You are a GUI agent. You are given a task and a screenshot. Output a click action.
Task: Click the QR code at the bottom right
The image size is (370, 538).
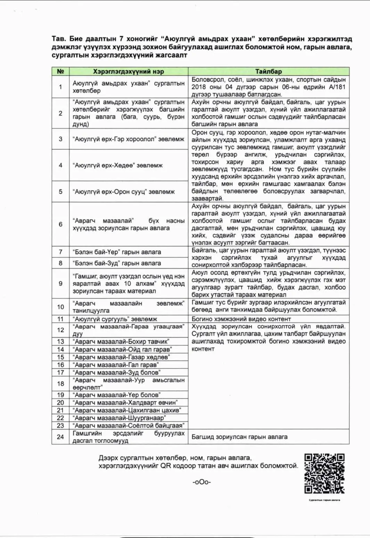324,473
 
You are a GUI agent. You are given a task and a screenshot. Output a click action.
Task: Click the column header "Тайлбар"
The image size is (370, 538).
268,72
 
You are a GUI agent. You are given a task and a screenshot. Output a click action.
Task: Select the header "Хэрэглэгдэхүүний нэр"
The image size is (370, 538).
128,72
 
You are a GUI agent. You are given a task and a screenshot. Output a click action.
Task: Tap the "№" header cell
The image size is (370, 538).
60,72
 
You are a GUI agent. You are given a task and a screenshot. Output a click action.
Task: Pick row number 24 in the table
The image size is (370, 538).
60,437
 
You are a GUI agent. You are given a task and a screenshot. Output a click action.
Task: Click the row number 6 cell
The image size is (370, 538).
60,224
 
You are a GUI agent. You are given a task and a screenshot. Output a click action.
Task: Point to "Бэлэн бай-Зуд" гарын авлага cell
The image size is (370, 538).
117,263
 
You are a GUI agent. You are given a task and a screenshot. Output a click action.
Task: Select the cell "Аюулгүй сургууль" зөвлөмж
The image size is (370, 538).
115,319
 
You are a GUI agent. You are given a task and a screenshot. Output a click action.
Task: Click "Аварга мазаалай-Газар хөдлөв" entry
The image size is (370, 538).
121,357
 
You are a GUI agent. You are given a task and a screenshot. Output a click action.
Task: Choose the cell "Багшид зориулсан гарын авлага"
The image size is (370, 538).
239,437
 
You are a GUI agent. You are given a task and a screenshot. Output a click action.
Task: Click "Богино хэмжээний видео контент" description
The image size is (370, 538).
241,319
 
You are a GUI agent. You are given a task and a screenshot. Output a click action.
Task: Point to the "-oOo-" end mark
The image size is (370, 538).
202,482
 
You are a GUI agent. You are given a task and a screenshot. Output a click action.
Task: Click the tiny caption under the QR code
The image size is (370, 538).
324,500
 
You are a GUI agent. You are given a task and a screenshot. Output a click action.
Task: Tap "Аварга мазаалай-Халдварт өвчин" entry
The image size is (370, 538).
125,403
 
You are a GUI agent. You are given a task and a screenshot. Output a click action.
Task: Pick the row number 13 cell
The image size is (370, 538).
60,342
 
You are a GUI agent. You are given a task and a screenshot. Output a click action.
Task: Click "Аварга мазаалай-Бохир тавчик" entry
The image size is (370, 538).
121,342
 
